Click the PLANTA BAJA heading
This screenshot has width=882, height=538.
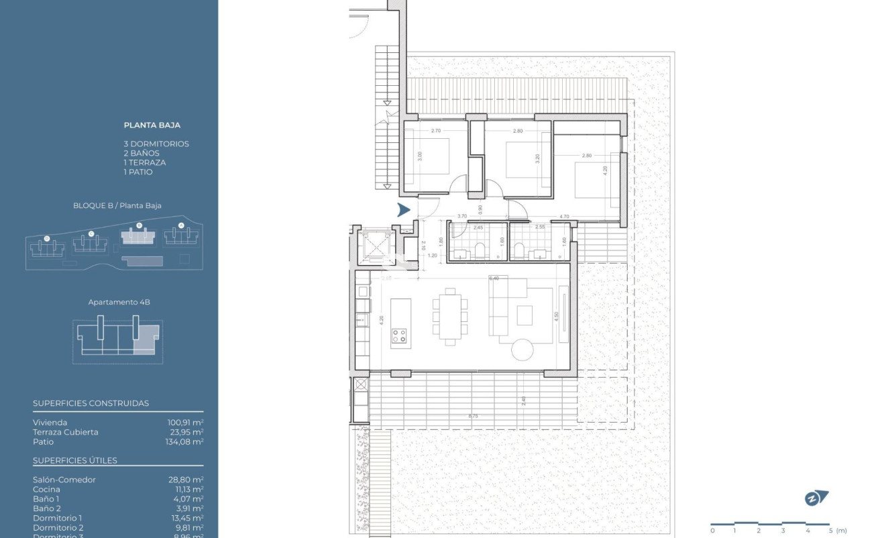point(152,125)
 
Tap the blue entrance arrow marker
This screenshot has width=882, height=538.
point(403,209)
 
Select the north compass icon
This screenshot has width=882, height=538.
point(816,498)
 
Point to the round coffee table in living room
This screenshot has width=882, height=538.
point(522,349)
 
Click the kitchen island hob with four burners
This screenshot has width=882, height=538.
point(399,335)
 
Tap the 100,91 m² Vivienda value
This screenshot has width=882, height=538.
point(185,423)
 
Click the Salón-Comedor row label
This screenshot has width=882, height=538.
point(64,480)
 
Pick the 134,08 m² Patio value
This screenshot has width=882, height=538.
point(185,441)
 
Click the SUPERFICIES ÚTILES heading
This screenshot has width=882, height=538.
point(75,460)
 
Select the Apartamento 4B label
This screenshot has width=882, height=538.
point(119,303)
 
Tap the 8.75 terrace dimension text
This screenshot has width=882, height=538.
point(474,417)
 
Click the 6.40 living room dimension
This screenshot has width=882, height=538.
point(495,278)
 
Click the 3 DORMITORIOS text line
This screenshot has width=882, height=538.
point(156,144)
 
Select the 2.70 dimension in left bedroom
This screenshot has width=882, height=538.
point(436,131)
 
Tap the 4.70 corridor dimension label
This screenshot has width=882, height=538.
point(564,217)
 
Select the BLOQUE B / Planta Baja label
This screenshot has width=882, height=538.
point(117,206)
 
